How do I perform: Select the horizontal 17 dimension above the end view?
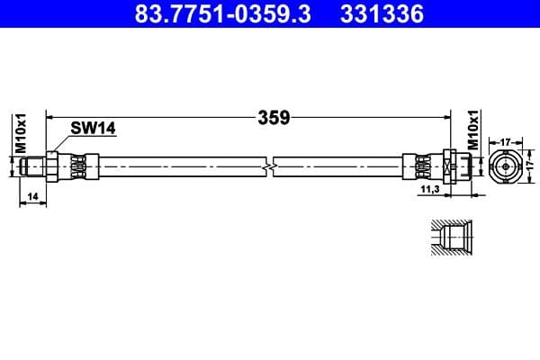(x=506, y=140)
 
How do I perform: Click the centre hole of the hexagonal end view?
(x=506, y=167)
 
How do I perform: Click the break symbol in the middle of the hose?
(x=269, y=167)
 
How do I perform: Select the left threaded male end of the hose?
(x=33, y=167)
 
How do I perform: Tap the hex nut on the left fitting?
(x=54, y=167)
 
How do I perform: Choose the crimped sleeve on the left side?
(x=78, y=167)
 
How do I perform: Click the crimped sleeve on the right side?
(x=421, y=167)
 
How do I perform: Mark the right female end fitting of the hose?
(x=454, y=167)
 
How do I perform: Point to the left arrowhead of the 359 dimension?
(x=50, y=116)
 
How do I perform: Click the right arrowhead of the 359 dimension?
(x=446, y=116)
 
